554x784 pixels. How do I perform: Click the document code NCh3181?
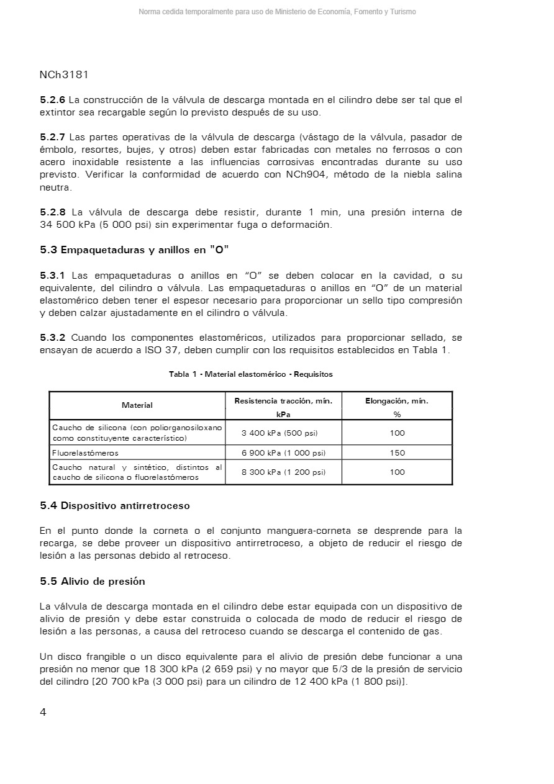(x=64, y=75)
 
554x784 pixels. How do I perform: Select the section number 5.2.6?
(x=52, y=100)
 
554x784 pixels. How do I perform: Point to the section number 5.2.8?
(x=52, y=212)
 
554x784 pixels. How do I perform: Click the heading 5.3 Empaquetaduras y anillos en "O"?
(x=134, y=250)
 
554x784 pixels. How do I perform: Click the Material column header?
(x=137, y=405)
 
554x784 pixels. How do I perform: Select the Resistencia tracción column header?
(x=283, y=401)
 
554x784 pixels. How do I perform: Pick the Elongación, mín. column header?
(x=397, y=401)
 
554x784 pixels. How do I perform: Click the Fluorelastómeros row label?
(x=85, y=453)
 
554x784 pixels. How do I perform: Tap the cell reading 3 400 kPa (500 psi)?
(x=283, y=433)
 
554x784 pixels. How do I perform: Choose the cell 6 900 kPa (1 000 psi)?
(x=283, y=453)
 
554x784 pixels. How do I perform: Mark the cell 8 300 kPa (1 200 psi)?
(x=283, y=472)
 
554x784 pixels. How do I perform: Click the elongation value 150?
(x=397, y=453)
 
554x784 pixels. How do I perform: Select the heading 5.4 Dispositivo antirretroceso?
(x=115, y=506)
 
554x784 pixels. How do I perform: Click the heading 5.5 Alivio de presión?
(x=93, y=582)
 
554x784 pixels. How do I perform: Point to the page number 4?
(x=43, y=712)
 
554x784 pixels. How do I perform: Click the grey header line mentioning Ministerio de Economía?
(x=277, y=12)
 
